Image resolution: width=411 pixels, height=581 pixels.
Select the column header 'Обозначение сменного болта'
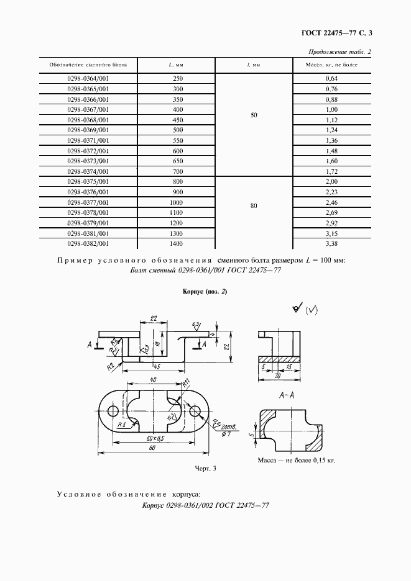[x=88, y=65]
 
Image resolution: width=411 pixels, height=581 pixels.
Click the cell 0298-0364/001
[x=88, y=78]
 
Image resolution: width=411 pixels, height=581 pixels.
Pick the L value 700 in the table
[x=178, y=171]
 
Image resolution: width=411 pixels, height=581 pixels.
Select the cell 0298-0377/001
[x=88, y=202]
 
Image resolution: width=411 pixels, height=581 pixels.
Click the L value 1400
[x=178, y=244]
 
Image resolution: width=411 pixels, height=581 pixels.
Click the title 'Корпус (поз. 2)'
[x=205, y=292]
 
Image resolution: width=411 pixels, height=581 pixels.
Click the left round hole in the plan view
[x=113, y=411]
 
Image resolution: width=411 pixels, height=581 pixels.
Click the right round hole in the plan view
[x=195, y=411]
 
